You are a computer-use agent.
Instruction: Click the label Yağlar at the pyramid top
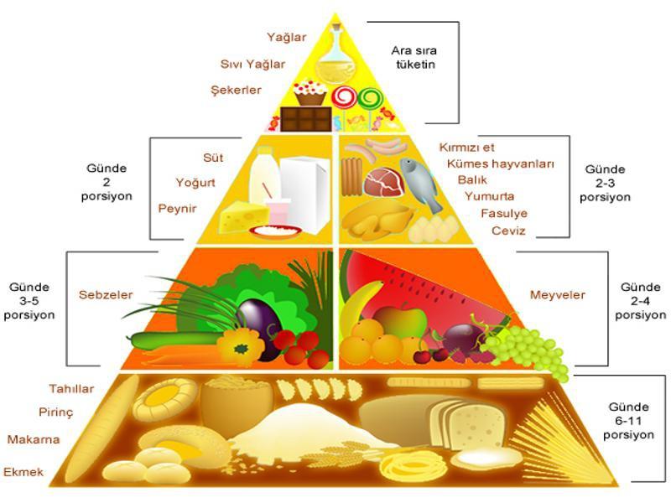pos(286,38)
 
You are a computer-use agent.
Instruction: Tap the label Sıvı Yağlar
pos(252,64)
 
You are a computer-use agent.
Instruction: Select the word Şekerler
pos(237,91)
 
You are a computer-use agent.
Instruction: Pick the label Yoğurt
pos(195,183)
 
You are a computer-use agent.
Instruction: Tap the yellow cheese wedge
pos(242,215)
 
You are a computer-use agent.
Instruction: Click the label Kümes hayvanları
pos(501,164)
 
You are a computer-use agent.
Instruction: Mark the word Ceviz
pos(508,231)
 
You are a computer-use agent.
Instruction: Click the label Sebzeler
pos(106,295)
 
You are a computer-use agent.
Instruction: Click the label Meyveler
pos(557,295)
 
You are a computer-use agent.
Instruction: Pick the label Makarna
pos(33,439)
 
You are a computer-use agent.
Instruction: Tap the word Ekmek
pos(23,473)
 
